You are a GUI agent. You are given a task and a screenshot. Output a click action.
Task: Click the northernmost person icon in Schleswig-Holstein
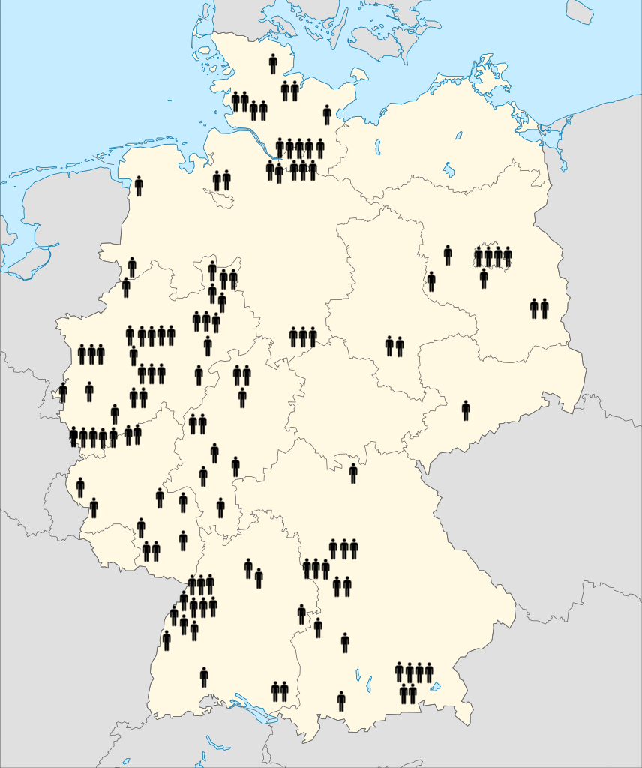click(x=273, y=64)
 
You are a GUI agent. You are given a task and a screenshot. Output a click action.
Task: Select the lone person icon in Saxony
click(x=466, y=410)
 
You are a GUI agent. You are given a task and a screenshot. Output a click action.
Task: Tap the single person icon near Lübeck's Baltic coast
click(x=327, y=115)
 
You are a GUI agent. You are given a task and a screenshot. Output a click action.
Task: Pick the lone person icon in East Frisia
click(x=139, y=186)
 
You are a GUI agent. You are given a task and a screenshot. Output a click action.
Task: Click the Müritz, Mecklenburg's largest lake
click(x=448, y=169)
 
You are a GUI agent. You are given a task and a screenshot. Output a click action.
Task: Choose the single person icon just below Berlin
click(x=484, y=279)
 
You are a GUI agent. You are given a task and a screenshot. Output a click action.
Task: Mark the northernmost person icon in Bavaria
click(x=353, y=473)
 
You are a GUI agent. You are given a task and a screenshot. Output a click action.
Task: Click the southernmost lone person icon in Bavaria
click(x=341, y=701)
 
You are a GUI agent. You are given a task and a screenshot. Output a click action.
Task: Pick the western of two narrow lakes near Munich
click(x=358, y=676)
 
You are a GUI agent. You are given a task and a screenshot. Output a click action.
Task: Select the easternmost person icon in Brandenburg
click(x=544, y=308)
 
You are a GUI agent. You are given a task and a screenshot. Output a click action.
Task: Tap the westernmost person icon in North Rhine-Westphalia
click(x=63, y=391)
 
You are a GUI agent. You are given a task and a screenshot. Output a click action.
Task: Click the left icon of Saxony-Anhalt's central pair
click(x=389, y=346)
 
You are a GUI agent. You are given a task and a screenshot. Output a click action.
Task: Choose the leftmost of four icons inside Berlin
click(x=478, y=256)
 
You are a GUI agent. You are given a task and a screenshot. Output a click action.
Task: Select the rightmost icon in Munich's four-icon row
click(x=429, y=673)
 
